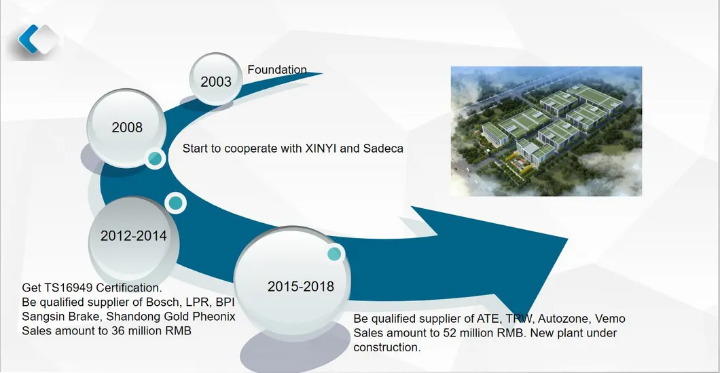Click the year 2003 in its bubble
(x=216, y=81)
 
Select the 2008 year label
(x=127, y=127)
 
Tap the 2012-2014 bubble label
(x=134, y=235)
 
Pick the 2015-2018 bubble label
(x=301, y=286)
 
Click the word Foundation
(x=277, y=70)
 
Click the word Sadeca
(x=383, y=149)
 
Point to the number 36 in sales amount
(x=118, y=331)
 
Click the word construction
(x=386, y=347)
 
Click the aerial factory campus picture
(x=546, y=131)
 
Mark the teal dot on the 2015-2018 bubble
(x=334, y=254)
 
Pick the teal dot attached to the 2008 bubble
(x=155, y=159)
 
